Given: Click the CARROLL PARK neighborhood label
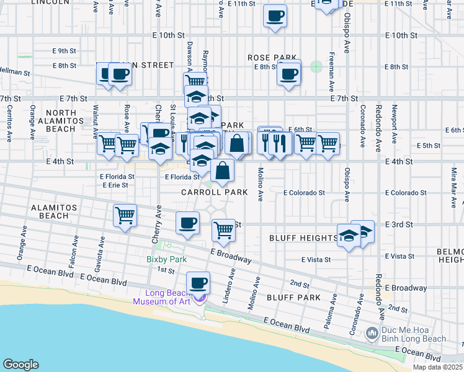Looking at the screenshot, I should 214,193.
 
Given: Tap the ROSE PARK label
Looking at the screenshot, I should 270,58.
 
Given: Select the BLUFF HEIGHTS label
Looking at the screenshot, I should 303,238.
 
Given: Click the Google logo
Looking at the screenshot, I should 20,364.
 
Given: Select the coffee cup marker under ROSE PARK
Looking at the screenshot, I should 288,75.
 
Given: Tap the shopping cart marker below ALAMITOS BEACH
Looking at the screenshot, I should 125,216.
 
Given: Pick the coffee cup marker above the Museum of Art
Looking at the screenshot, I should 198,283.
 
